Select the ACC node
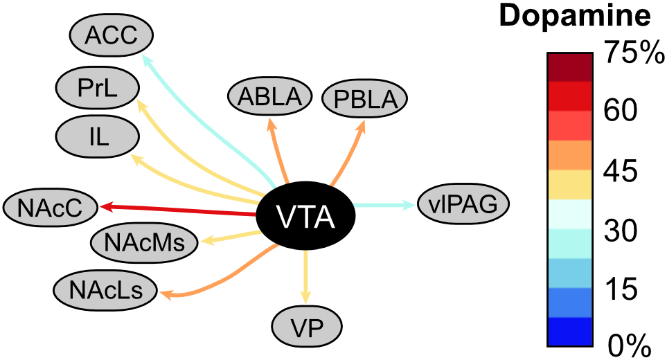(x=112, y=34)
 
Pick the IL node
(x=98, y=135)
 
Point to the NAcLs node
(x=105, y=289)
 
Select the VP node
(x=307, y=327)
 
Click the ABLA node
(x=270, y=96)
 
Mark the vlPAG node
(x=463, y=204)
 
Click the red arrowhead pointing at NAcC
(x=104, y=206)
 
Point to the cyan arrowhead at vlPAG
(x=410, y=204)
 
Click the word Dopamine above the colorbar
(x=575, y=17)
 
